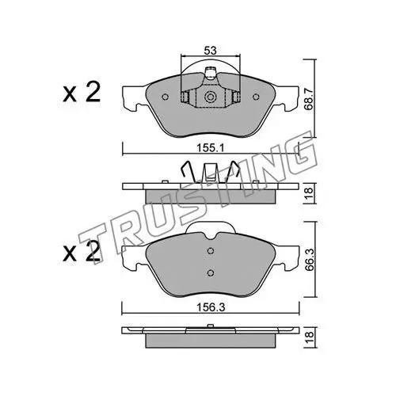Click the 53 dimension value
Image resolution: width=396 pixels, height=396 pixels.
210,51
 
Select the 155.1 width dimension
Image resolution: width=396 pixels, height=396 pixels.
210,149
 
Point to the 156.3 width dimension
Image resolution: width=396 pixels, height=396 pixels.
211,307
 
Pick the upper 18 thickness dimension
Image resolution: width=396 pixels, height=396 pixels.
310,193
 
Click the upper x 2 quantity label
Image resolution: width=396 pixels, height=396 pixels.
82,93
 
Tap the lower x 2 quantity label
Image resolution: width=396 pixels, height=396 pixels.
82,251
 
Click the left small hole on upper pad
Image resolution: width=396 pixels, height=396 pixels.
166,97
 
